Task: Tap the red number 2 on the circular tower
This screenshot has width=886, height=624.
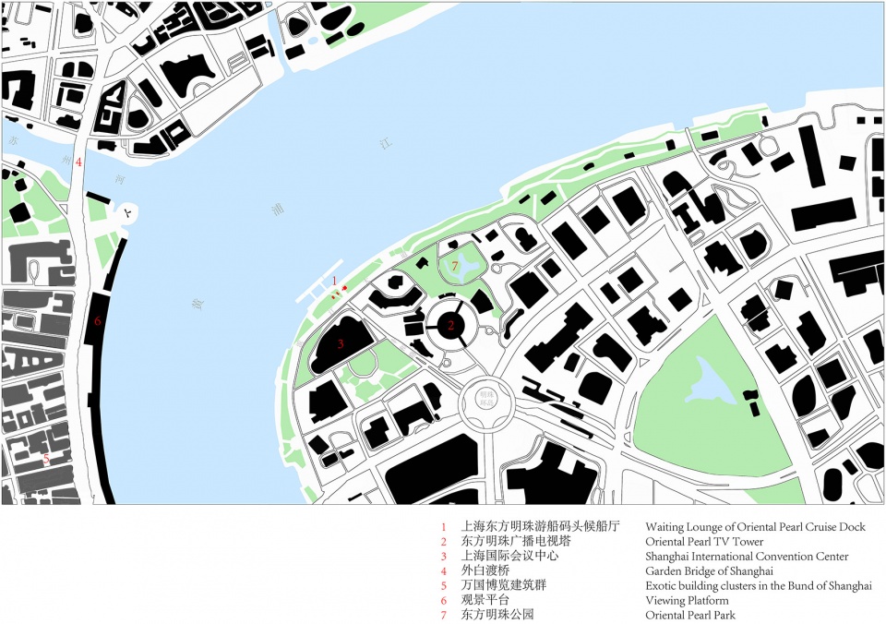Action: coord(451,324)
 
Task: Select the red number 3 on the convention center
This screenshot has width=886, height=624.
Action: coord(341,344)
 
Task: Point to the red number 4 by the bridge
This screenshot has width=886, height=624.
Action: coord(78,162)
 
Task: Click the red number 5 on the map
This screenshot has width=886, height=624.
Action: coord(45,458)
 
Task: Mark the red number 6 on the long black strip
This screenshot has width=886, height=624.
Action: coord(97,321)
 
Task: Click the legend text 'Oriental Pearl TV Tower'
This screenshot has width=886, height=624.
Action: coord(704,542)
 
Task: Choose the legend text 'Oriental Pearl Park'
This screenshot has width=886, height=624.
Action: coord(692,615)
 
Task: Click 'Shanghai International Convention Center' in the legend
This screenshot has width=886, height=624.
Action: coord(747,557)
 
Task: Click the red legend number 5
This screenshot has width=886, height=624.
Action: coord(443,586)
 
